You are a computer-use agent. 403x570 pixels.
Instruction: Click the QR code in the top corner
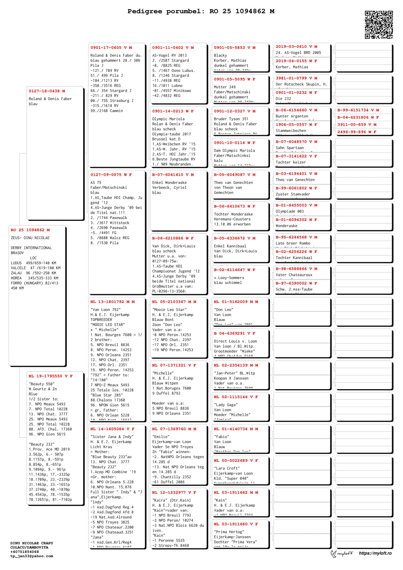[x=379, y=25]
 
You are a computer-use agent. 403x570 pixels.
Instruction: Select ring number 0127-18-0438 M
[x=47, y=91]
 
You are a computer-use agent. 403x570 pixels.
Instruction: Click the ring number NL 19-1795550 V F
[x=50, y=376]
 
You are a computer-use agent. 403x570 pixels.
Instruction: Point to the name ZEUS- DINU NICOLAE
[x=30, y=238]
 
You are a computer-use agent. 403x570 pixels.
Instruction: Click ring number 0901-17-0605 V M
[x=111, y=48]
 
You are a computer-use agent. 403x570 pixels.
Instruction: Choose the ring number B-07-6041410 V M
[x=173, y=175]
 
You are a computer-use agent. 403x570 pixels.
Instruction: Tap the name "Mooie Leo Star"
[x=169, y=310]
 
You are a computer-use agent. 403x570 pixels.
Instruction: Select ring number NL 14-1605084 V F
[x=112, y=429]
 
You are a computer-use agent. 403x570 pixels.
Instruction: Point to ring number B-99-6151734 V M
[x=358, y=110]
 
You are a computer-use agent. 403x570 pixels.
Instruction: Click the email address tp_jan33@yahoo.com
[x=32, y=556]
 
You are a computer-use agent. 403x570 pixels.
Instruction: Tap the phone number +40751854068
[x=25, y=552]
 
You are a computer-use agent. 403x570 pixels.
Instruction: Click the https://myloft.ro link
[x=375, y=553]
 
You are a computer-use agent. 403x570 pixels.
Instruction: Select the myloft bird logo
[x=334, y=553]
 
